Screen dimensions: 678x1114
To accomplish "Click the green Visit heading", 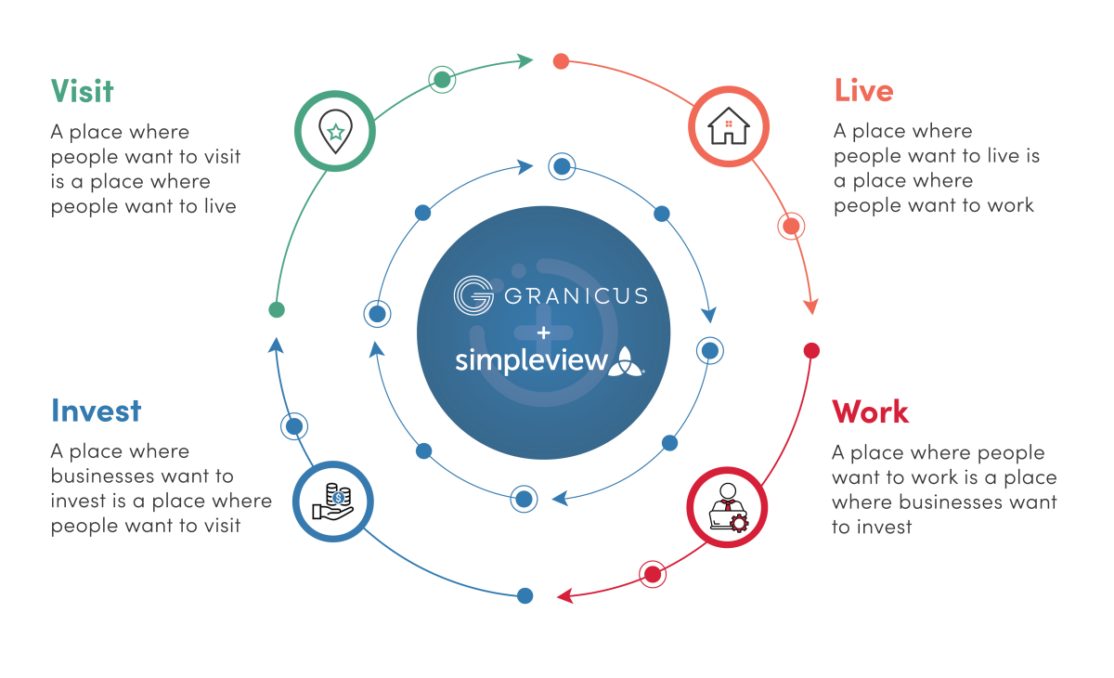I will [82, 91].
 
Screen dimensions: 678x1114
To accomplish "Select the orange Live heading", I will [863, 91].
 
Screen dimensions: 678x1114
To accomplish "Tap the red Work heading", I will [870, 411].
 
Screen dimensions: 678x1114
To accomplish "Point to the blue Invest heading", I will [97, 411].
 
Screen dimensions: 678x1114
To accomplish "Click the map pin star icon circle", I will [335, 131].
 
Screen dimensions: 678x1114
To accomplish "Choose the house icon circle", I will [728, 127].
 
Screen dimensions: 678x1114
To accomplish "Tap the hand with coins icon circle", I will [332, 502].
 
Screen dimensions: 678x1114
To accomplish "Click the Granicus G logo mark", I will [473, 296].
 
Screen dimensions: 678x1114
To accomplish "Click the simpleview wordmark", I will [530, 359].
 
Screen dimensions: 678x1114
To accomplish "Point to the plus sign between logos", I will [543, 332].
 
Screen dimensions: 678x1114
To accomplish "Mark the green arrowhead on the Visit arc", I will [525, 61].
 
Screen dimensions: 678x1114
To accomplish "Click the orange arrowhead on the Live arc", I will [813, 306].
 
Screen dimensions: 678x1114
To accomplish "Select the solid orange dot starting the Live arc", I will [560, 61].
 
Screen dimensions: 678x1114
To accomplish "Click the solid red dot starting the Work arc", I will [811, 350].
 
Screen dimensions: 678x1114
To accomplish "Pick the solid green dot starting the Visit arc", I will [276, 309].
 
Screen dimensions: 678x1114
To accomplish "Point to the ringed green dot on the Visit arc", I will [443, 79].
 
